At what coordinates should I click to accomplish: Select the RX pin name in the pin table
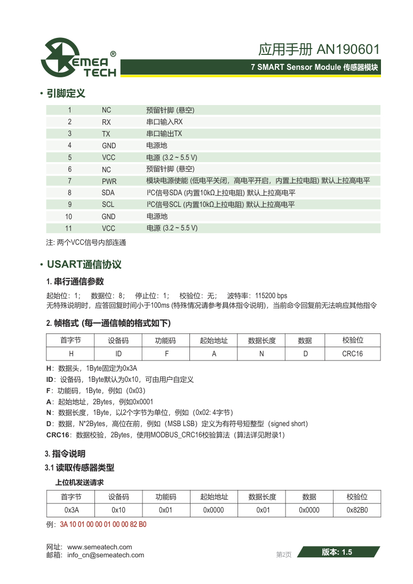click(x=106, y=122)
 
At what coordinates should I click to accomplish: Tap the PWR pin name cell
click(x=108, y=181)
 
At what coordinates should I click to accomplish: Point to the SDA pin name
click(x=108, y=193)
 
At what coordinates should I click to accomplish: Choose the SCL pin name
click(x=108, y=205)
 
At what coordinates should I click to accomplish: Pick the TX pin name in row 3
click(x=106, y=134)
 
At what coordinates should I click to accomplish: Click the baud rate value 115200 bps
click(x=271, y=295)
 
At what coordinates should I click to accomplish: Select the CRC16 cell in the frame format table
click(x=352, y=354)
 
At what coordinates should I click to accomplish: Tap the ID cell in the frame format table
click(x=118, y=354)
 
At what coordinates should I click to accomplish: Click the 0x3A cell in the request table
click(x=71, y=510)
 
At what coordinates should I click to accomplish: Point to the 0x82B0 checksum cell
click(x=357, y=510)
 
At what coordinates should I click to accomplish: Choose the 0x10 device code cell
click(x=118, y=510)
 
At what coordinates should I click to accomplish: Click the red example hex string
click(x=103, y=524)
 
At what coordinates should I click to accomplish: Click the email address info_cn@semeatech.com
click(x=106, y=555)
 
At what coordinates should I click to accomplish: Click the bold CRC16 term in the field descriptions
click(x=58, y=435)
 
